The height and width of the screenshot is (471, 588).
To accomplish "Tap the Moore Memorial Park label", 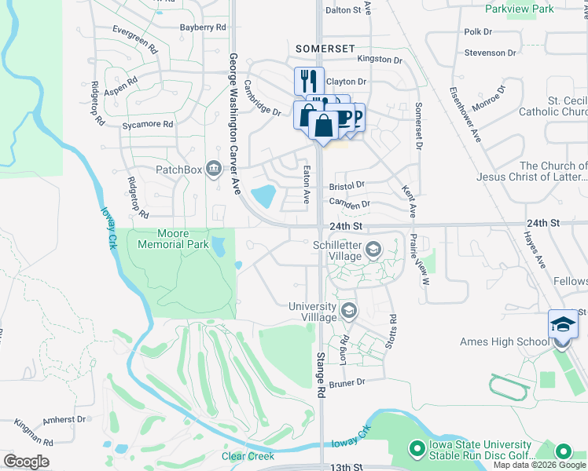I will click(173, 239).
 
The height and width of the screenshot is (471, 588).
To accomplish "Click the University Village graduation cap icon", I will click(348, 312).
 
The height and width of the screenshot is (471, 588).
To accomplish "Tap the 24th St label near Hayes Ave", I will click(543, 224).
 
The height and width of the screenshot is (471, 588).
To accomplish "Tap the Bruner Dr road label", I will click(350, 382).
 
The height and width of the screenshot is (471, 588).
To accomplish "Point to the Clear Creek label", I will click(248, 456).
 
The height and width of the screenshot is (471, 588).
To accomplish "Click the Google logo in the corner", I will click(26, 461).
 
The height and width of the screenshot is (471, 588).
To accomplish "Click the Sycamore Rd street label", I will click(147, 124).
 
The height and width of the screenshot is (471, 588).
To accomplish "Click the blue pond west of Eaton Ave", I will click(263, 195).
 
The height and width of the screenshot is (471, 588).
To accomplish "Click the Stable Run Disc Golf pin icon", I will click(416, 450).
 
